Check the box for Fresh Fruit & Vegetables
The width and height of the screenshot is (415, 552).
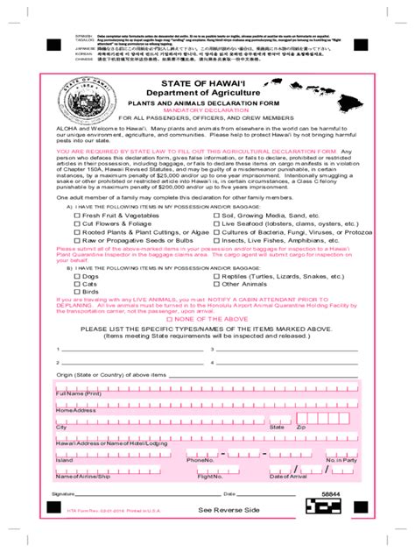pos(77,215)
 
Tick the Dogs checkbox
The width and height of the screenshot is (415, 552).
pos(77,276)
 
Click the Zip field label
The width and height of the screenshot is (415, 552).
pos(300,427)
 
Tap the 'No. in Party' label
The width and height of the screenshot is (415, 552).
pos(341,460)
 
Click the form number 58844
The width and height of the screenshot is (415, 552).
pos(332,495)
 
